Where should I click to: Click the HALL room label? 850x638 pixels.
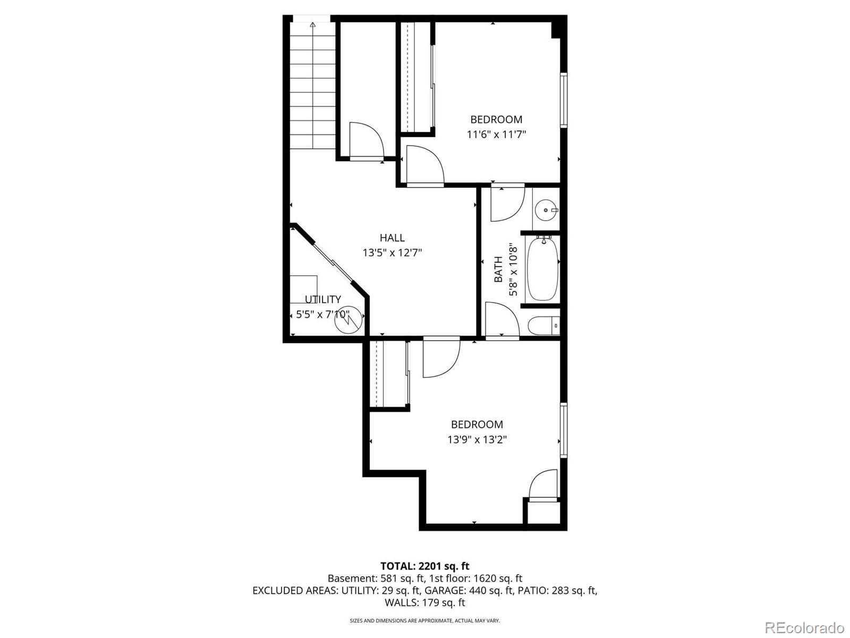[x=392, y=238]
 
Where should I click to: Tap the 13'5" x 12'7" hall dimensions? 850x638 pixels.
[x=392, y=253]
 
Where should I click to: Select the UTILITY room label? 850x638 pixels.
[x=322, y=299]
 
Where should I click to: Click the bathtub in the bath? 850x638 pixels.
[x=542, y=269]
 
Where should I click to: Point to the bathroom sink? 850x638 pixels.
[x=546, y=210]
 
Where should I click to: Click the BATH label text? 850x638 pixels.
[x=498, y=269]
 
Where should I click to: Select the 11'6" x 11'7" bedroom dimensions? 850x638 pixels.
[x=496, y=135]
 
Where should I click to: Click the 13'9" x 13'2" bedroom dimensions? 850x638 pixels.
[x=477, y=440]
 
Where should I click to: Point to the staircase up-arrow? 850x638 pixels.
[x=313, y=24]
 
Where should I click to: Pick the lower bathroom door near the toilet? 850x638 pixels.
[x=501, y=319]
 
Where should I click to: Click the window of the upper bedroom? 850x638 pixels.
[x=564, y=100]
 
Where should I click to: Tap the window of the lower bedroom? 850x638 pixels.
[x=564, y=430]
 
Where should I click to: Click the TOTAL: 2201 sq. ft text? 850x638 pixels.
[x=424, y=566]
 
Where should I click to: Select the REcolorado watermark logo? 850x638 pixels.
[x=804, y=627]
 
